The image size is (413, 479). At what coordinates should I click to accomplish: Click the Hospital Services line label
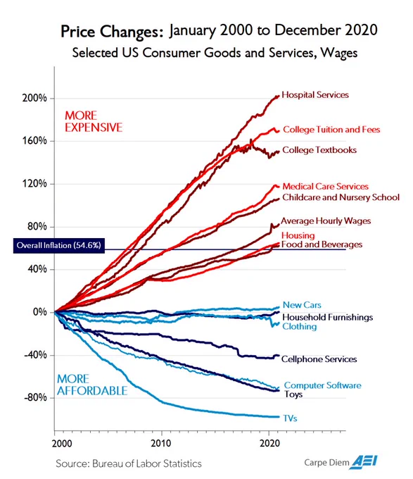point(315,95)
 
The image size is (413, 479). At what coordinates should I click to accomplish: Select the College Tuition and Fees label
point(331,130)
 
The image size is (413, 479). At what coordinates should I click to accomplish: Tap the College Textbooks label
point(319,150)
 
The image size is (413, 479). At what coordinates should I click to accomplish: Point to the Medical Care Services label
point(326,187)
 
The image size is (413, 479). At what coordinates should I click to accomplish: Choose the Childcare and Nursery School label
point(341,197)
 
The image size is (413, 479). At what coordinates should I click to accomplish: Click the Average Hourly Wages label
point(326,221)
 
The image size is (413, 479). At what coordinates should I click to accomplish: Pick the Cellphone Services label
point(319,359)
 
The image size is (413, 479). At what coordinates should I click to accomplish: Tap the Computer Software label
point(322,385)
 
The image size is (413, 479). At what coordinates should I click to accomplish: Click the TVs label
point(290,418)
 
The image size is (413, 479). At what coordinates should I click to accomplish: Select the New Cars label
point(302,305)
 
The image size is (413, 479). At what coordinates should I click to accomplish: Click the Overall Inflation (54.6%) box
point(59,246)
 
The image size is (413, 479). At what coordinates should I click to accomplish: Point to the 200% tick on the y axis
point(34,99)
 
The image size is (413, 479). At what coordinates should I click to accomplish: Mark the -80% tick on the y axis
point(35,398)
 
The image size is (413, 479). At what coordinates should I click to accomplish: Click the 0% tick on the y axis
point(39,312)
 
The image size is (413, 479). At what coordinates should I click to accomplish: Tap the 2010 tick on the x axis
point(161,443)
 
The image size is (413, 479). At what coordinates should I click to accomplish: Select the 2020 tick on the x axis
point(269,443)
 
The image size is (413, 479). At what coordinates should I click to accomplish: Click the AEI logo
point(364,462)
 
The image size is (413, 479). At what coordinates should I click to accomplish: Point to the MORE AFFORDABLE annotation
point(92,385)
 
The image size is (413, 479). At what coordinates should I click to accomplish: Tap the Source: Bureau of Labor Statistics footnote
point(129,464)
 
